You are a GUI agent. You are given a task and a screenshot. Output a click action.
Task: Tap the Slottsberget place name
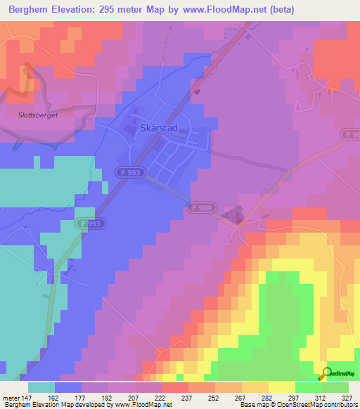[x=32, y=113]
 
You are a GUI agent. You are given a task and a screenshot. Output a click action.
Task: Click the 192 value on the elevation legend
[x=108, y=397]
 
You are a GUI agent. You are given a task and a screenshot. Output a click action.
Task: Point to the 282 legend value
[x=269, y=397]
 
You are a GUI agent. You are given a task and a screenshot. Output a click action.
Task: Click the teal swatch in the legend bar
[x=41, y=387]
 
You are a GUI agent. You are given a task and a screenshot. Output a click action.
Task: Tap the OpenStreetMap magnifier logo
[x=326, y=373]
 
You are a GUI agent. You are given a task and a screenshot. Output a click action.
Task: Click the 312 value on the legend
[x=322, y=397]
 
